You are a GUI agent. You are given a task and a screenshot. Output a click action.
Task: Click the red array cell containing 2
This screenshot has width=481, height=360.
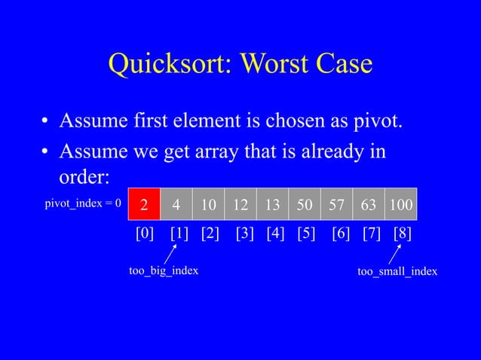(x=144, y=205)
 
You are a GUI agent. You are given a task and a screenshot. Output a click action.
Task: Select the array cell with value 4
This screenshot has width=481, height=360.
(x=176, y=205)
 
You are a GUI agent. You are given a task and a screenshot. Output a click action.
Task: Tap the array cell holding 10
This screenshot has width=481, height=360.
(x=208, y=205)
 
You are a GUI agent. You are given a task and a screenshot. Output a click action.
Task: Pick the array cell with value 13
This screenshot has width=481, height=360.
(x=272, y=205)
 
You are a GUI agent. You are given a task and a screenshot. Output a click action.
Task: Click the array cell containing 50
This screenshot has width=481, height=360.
(x=305, y=205)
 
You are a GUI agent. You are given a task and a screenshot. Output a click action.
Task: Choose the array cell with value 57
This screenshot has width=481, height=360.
(x=336, y=205)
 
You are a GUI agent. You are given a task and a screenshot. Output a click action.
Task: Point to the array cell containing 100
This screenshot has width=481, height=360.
(x=401, y=205)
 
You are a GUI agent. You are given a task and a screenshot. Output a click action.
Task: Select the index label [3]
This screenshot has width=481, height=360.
(x=245, y=234)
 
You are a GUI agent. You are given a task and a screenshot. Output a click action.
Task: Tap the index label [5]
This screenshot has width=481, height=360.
(x=306, y=234)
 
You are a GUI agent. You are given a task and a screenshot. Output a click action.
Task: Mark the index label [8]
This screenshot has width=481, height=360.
(x=403, y=234)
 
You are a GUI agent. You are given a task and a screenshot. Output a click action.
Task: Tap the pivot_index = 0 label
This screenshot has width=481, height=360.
(x=81, y=205)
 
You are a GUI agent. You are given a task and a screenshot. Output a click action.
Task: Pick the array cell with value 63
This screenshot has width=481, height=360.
(x=369, y=205)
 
